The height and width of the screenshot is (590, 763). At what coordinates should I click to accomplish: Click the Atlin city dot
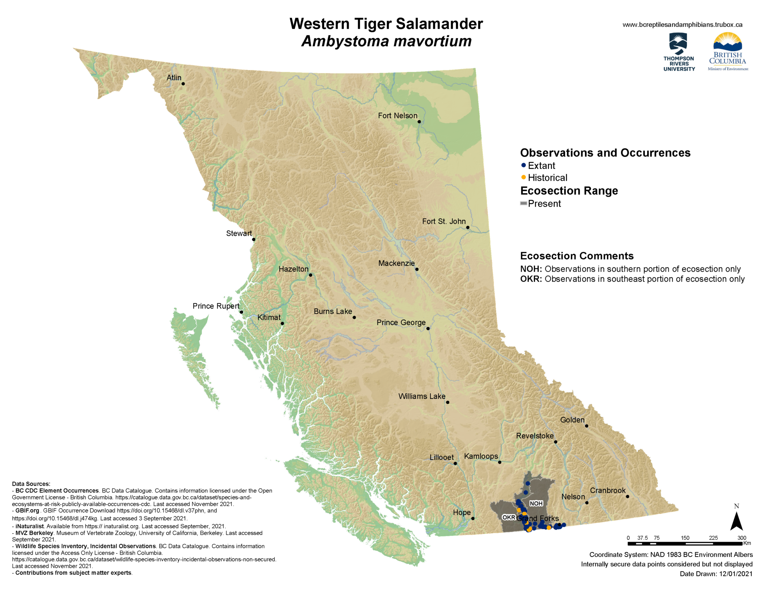(x=183, y=84)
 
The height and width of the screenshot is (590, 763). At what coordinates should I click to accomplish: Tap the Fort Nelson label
(x=398, y=116)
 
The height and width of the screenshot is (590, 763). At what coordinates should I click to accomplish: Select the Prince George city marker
(x=428, y=328)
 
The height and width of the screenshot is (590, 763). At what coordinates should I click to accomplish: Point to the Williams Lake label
(x=422, y=396)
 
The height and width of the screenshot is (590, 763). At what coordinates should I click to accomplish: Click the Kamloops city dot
(x=500, y=462)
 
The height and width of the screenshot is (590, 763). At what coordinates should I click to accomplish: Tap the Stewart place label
(x=239, y=233)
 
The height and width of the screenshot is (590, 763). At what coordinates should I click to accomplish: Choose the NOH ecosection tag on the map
(x=536, y=504)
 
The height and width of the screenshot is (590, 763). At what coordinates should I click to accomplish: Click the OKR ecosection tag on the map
(x=509, y=517)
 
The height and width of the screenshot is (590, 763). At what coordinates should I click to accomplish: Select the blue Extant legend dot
(x=523, y=165)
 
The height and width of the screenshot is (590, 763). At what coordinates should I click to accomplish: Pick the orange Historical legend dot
(x=523, y=177)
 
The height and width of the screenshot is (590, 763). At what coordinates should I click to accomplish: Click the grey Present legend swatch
(x=523, y=203)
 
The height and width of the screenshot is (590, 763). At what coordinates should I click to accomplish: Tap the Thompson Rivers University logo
(x=679, y=52)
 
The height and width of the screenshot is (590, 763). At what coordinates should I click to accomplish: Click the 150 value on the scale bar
(x=685, y=538)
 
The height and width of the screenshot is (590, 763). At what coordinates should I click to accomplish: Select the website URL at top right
(x=682, y=25)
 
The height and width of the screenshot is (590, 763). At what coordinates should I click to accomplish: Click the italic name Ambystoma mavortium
(x=386, y=41)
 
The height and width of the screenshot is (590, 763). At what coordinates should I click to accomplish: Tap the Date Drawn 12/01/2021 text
(x=716, y=574)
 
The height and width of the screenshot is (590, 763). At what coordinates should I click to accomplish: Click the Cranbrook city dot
(x=627, y=496)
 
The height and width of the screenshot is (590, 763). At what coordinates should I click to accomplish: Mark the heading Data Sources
(x=31, y=484)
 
